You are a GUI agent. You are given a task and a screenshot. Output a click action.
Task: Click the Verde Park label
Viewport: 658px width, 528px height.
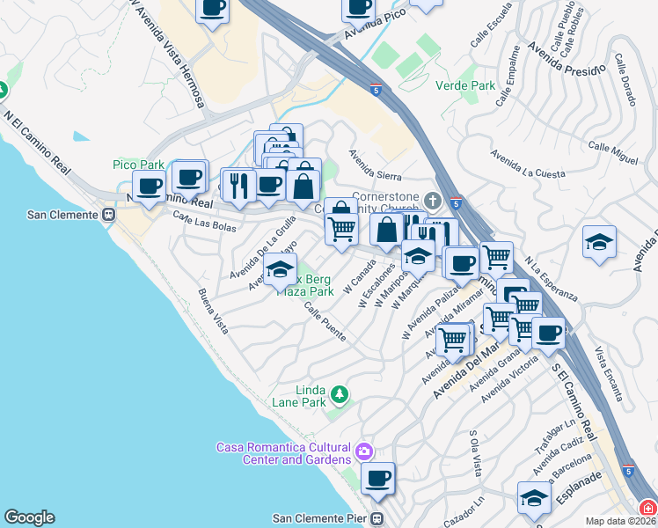coord(465,85)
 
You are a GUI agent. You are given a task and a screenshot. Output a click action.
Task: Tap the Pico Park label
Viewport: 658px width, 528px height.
coord(139,165)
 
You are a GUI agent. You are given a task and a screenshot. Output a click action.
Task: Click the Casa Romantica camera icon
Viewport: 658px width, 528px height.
coord(364,452)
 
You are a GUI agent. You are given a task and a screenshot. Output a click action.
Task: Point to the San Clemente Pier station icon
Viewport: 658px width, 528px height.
coord(378,518)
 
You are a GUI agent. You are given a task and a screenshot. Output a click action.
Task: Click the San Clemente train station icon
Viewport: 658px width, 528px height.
coord(109,215)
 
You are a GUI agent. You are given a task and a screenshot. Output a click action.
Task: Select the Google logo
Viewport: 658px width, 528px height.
coord(29,517)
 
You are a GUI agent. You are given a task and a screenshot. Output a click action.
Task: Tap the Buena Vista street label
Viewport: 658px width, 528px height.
coord(214,312)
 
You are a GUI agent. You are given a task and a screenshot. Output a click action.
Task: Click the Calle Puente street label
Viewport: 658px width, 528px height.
coord(325,322)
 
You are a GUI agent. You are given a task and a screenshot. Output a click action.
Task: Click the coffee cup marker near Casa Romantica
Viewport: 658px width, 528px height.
coord(378,479)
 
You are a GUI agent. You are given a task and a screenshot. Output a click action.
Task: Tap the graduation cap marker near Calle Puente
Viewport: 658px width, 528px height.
coord(280,269)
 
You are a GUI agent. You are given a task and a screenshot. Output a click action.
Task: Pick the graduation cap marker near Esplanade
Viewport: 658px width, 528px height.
coord(533,498)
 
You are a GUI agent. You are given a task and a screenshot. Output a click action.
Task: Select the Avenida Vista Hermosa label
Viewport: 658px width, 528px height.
coord(167,52)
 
